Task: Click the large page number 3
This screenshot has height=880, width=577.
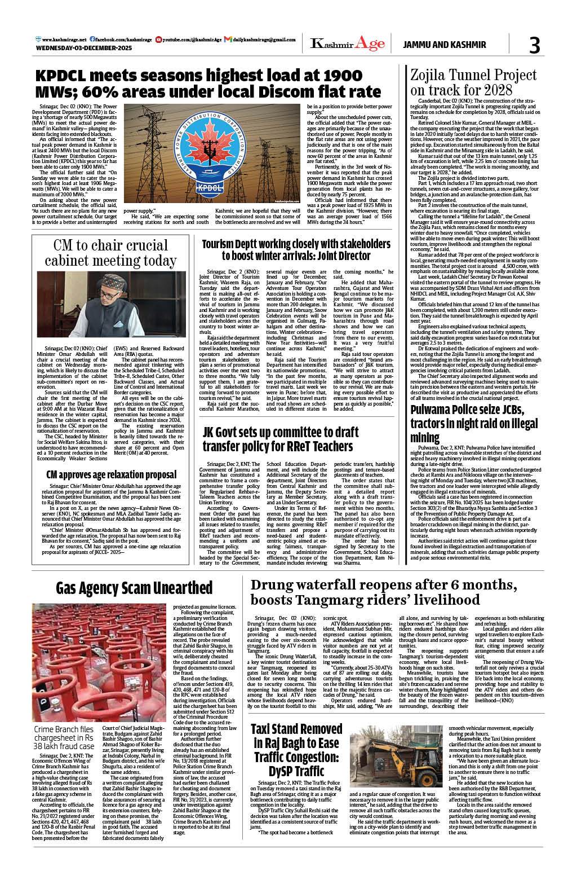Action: tap(534, 45)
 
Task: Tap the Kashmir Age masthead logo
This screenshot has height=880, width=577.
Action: tap(348, 43)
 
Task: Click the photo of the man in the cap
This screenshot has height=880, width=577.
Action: tap(112, 305)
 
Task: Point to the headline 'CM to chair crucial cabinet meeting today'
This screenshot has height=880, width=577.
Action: tap(110, 253)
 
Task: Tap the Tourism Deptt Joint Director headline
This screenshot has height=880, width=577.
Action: tap(296, 249)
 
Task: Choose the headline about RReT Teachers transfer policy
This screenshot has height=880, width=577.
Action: tap(280, 439)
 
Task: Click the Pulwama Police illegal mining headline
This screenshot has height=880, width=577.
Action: tap(474, 423)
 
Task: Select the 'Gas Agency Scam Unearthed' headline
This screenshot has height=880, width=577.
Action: tap(134, 588)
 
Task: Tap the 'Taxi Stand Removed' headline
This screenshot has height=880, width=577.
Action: tap(296, 750)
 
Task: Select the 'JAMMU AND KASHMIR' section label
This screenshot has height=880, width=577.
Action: tap(444, 45)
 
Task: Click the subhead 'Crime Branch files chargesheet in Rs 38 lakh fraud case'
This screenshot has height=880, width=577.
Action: tap(64, 738)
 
